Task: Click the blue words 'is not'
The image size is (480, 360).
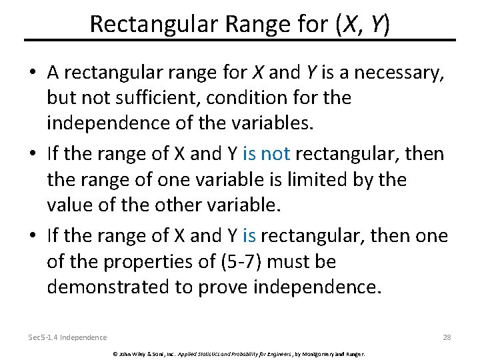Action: [x=267, y=153]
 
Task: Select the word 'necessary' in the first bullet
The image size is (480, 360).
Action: [x=392, y=71]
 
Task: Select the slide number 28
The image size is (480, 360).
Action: [x=447, y=337]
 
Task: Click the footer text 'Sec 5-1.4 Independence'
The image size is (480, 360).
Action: [x=68, y=337]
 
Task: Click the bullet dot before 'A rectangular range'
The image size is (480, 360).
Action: [x=33, y=72]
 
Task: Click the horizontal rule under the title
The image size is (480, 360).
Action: [x=240, y=40]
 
